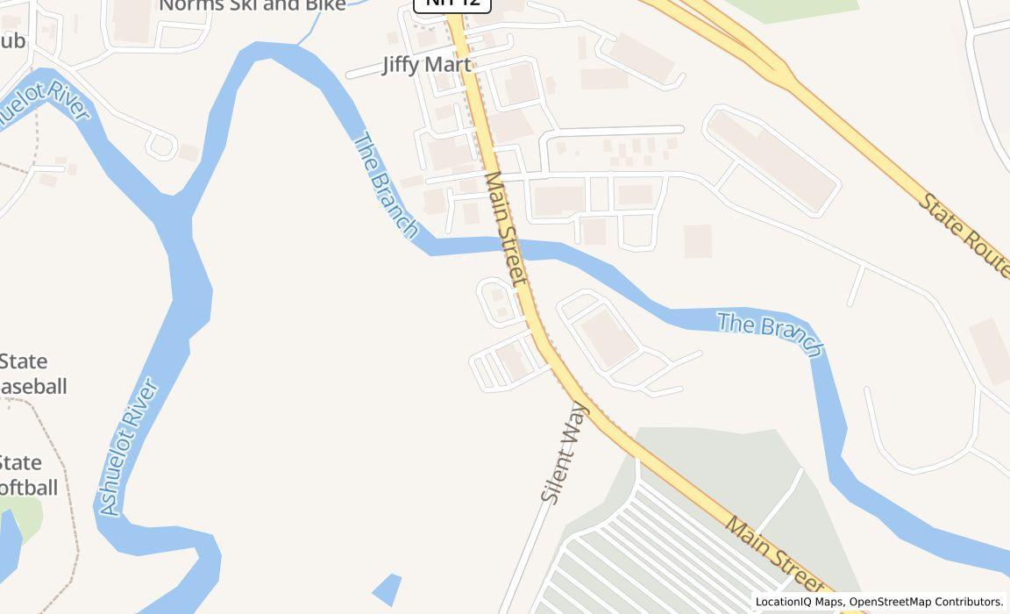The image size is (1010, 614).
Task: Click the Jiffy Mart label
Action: click(x=426, y=65)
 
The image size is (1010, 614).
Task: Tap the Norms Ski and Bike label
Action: click(x=252, y=5)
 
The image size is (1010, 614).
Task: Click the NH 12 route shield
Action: click(x=452, y=4)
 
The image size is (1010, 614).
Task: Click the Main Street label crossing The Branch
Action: click(x=506, y=227)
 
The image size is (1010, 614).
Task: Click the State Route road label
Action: click(x=964, y=236)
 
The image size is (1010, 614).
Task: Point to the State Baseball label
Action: click(x=32, y=374)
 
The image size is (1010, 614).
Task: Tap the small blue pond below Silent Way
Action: click(x=387, y=589)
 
